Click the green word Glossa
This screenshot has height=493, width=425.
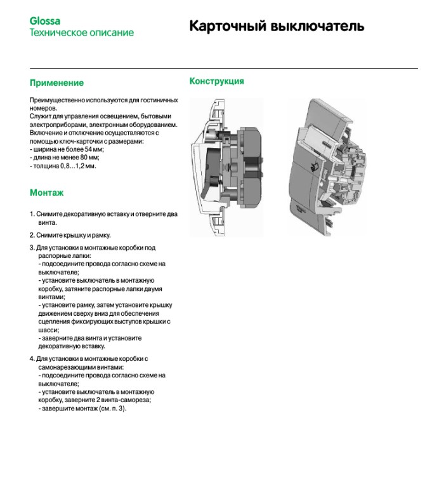pyautogui.click(x=44, y=21)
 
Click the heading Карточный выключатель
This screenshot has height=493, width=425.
pyautogui.click(x=276, y=26)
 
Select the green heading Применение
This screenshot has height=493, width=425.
pyautogui.click(x=56, y=83)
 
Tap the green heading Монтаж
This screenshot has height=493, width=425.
pyautogui.click(x=46, y=192)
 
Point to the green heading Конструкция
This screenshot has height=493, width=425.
pyautogui.click(x=216, y=81)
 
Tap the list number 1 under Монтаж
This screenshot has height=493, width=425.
pyautogui.click(x=32, y=214)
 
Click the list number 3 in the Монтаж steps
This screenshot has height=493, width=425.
pyautogui.click(x=32, y=248)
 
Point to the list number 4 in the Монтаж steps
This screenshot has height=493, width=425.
pyautogui.click(x=32, y=359)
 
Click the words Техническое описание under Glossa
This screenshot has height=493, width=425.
pyautogui.click(x=82, y=32)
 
